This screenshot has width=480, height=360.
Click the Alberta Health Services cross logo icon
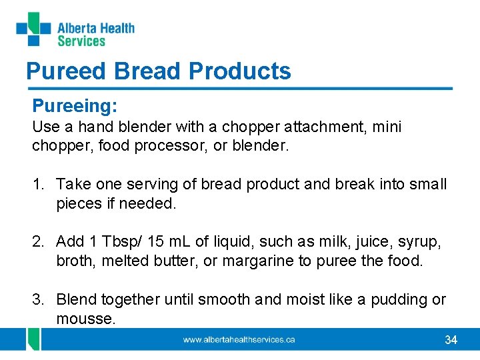pyautogui.click(x=33, y=29)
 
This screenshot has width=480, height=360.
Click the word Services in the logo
pyautogui.click(x=81, y=41)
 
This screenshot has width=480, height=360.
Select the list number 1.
pyautogui.click(x=37, y=184)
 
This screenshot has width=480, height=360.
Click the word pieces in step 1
pyautogui.click(x=79, y=203)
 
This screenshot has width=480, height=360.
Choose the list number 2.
pyautogui.click(x=37, y=241)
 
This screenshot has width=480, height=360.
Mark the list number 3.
pyautogui.click(x=37, y=299)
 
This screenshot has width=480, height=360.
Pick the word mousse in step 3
pyautogui.click(x=85, y=319)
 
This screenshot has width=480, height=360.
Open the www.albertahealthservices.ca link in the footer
pyautogui.click(x=239, y=340)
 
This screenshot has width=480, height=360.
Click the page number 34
pyautogui.click(x=451, y=340)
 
